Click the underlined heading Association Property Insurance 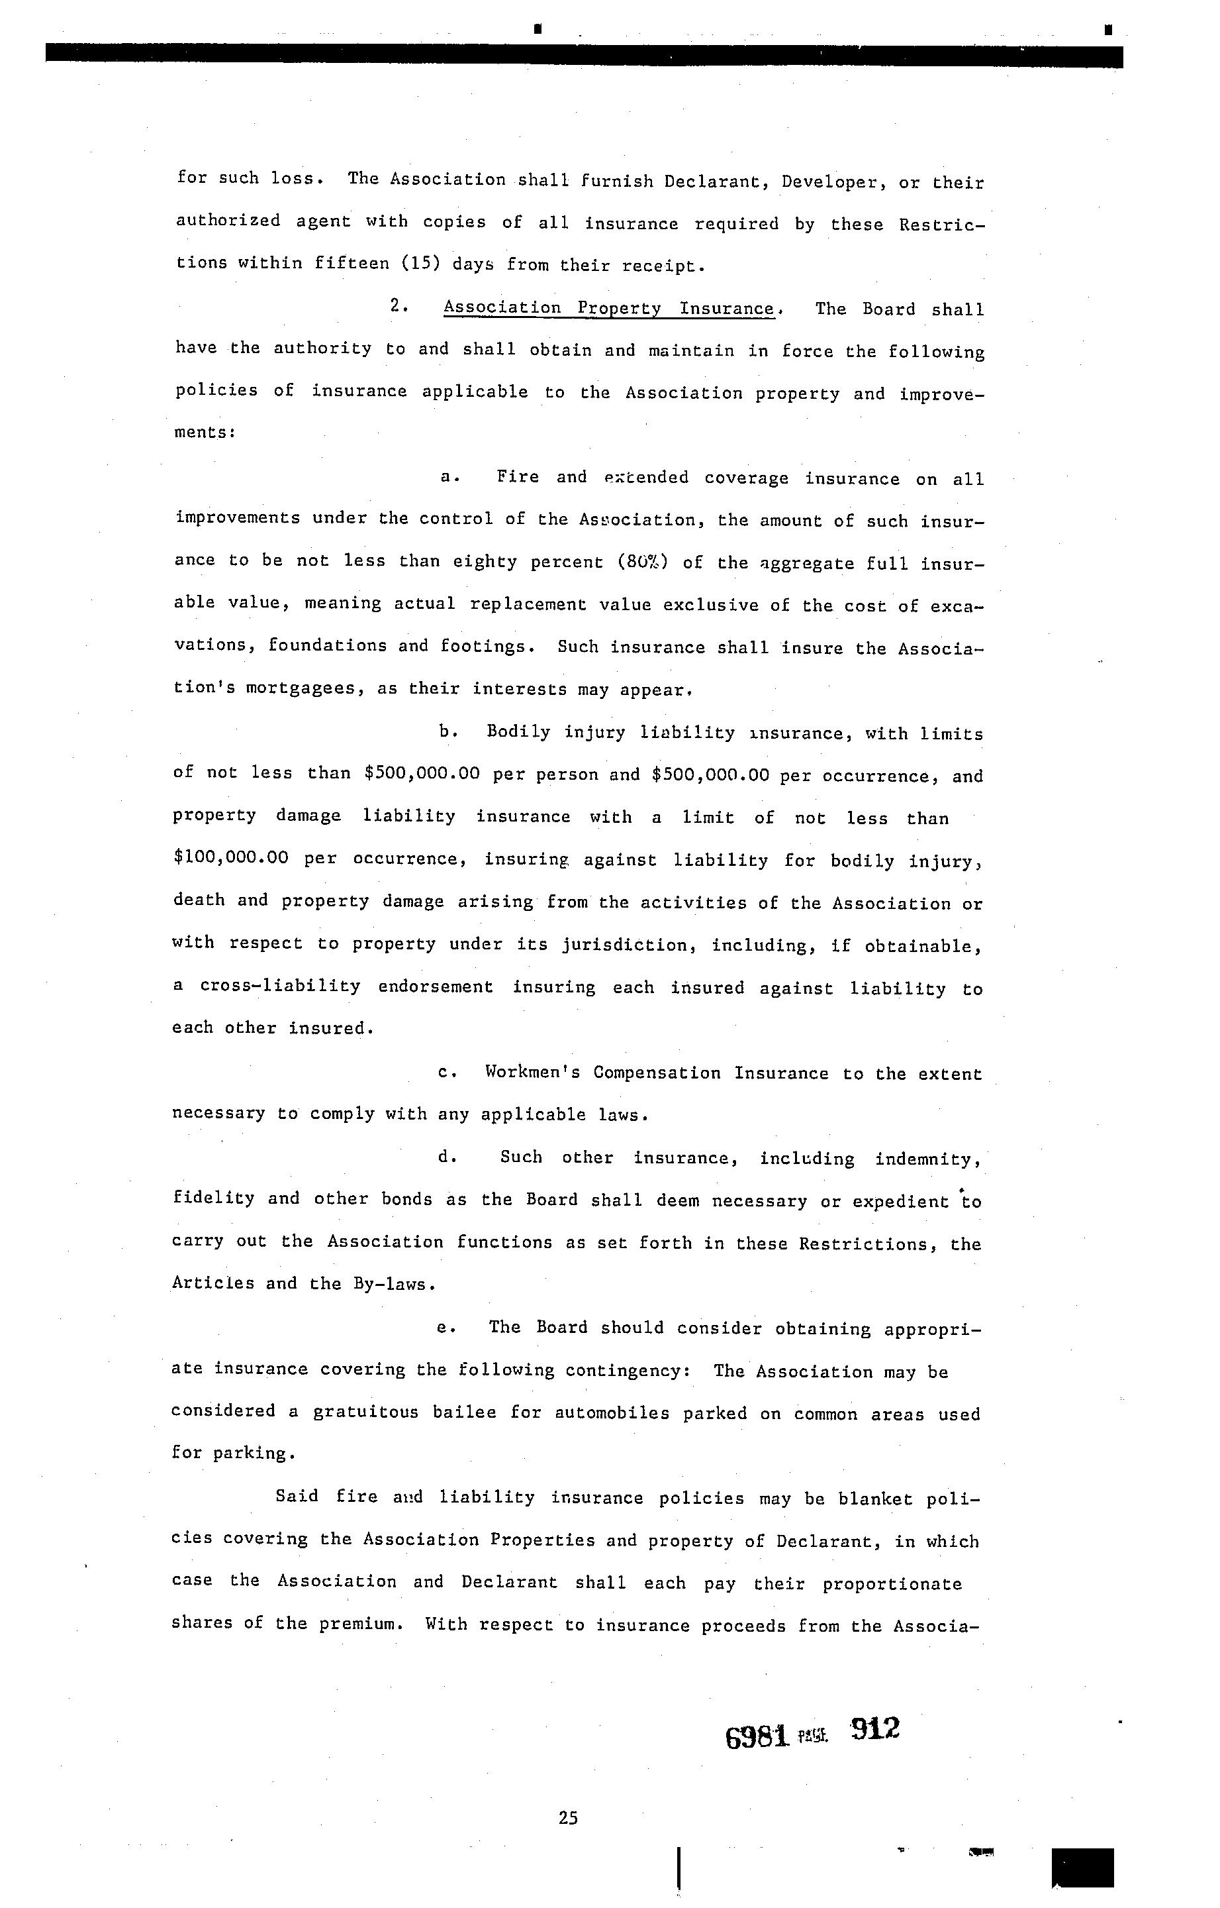[x=608, y=308]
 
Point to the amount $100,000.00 [x=230, y=858]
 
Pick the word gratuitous [x=365, y=1412]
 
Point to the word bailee [x=464, y=1412]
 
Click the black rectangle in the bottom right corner [x=1082, y=1868]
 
